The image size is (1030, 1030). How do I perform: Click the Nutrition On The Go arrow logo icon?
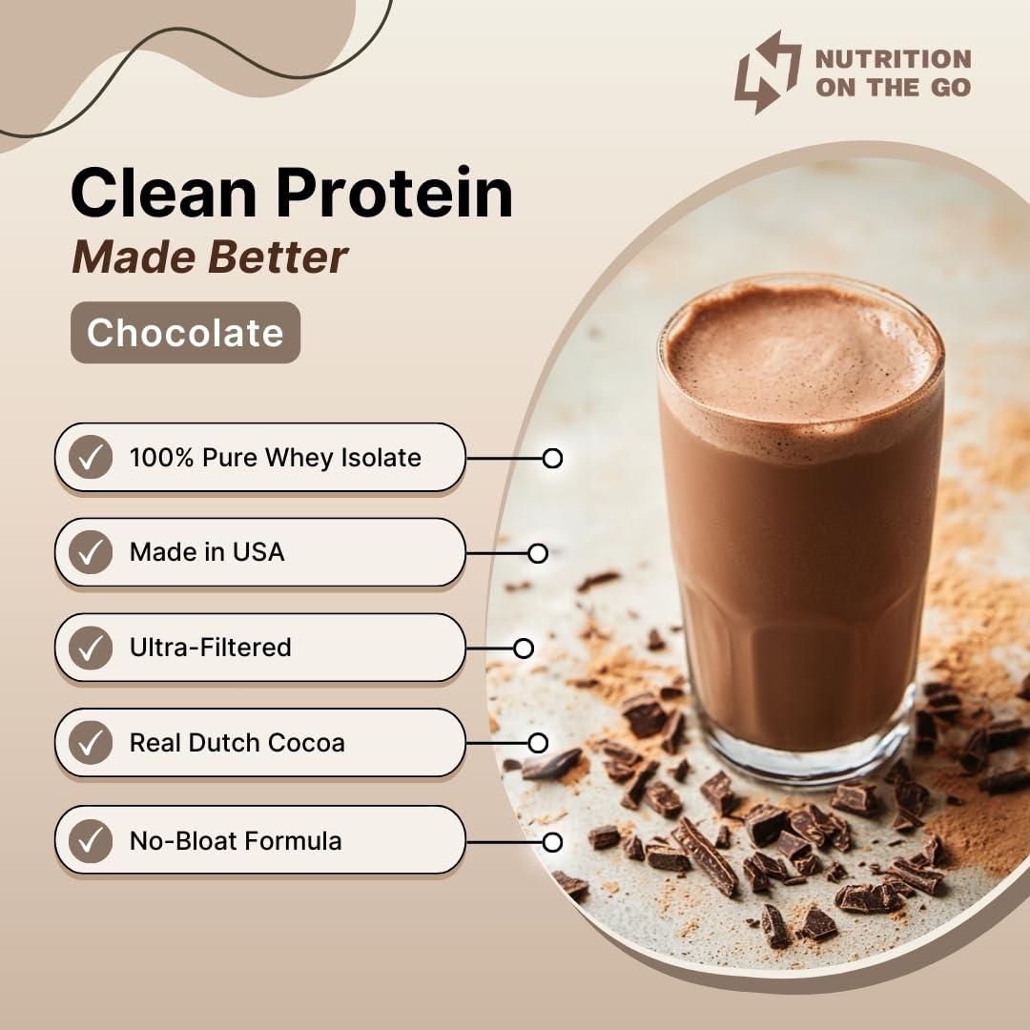(x=768, y=72)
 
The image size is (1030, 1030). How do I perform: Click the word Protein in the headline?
(x=396, y=193)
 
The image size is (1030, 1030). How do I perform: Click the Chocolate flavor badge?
(x=185, y=333)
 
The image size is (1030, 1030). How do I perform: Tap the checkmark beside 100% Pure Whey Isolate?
(x=91, y=458)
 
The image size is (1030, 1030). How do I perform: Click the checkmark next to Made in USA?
(x=91, y=552)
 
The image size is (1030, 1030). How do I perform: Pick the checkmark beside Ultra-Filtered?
(x=91, y=648)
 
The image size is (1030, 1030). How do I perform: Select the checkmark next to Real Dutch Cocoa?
(x=91, y=743)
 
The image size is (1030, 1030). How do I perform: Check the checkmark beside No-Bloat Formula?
(x=91, y=840)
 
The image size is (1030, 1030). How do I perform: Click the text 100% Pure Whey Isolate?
(x=275, y=458)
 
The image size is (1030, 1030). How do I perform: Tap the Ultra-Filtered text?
(x=210, y=648)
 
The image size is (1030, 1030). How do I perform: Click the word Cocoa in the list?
(x=306, y=743)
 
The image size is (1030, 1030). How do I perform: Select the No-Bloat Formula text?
(x=236, y=840)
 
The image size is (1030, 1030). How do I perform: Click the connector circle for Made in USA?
(x=538, y=553)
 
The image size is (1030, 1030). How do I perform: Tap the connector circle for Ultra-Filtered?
(x=524, y=649)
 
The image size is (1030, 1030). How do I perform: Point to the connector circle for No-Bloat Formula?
(x=552, y=842)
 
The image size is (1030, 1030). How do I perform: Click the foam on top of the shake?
(x=799, y=353)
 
